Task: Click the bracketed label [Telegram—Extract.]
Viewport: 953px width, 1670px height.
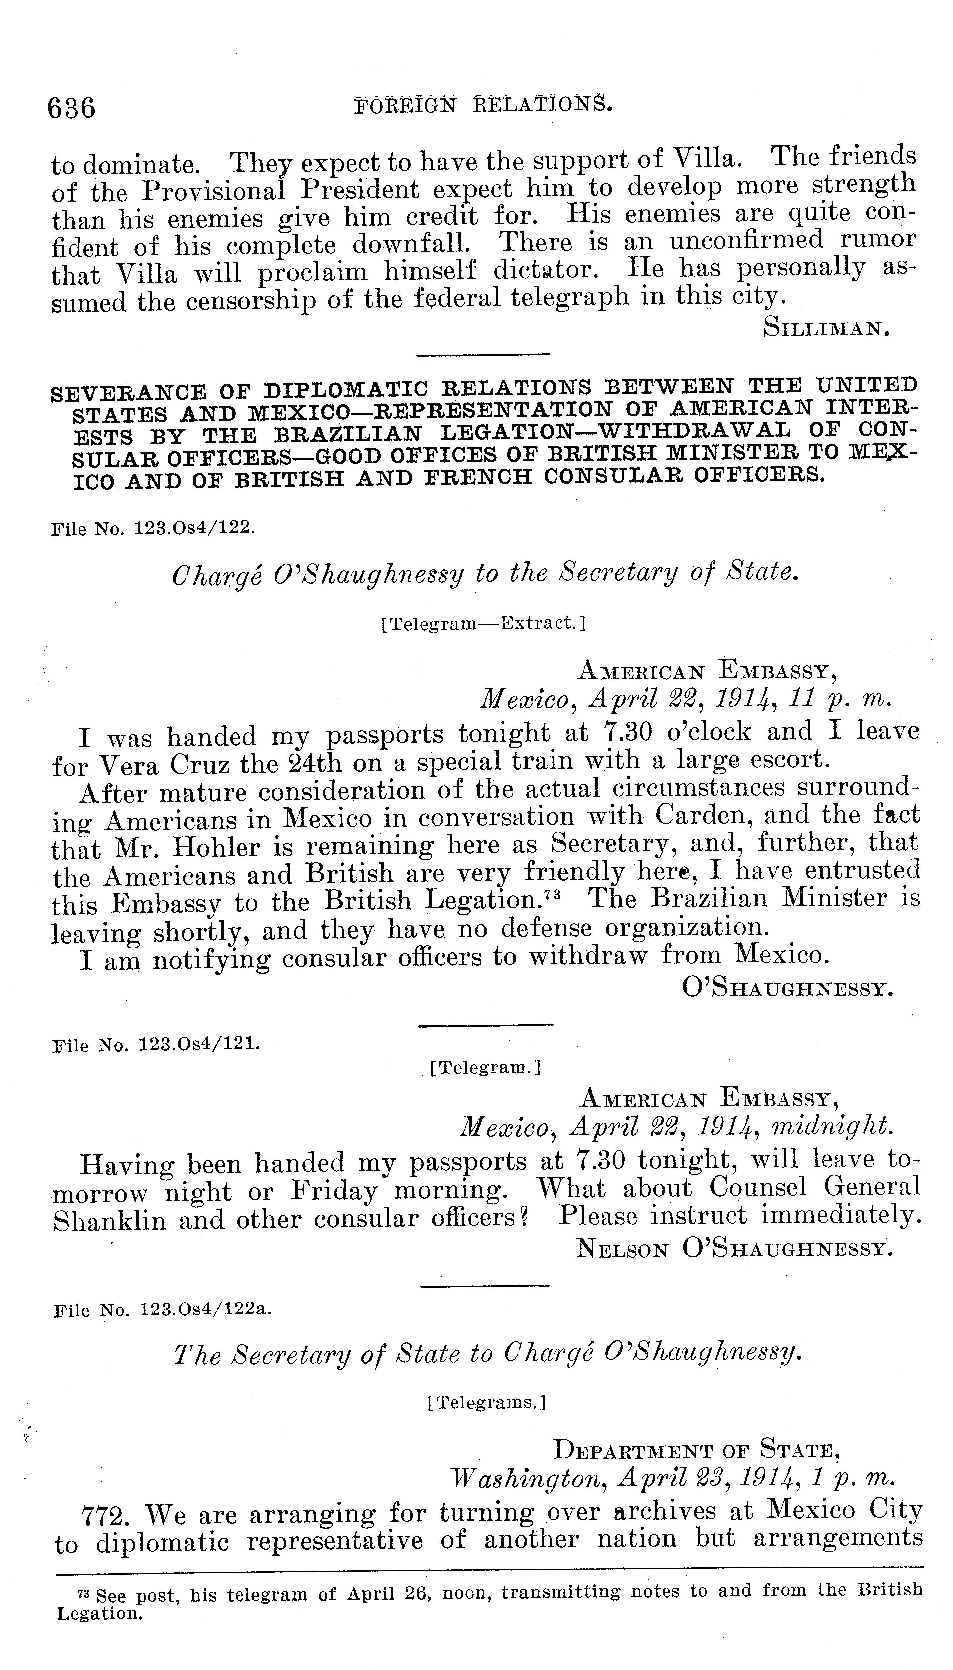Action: pos(482,623)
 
